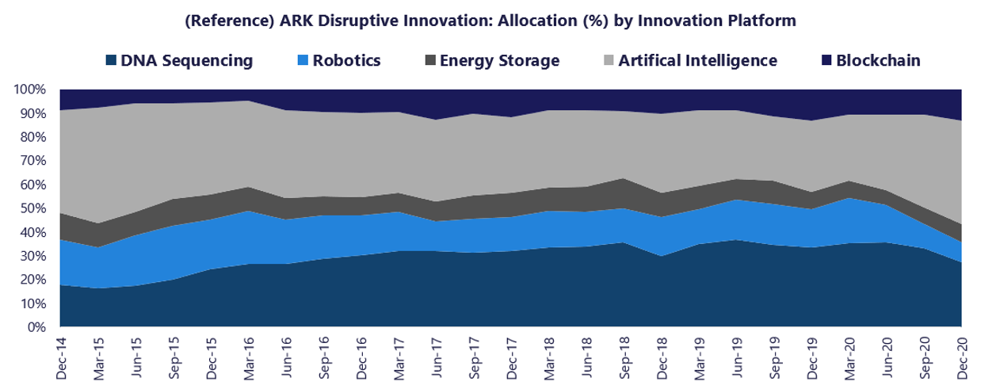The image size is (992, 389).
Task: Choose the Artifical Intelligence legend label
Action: pyautogui.click(x=697, y=60)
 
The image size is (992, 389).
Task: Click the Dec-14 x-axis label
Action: pyautogui.click(x=60, y=354)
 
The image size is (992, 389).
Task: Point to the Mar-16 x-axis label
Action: pyautogui.click(x=249, y=354)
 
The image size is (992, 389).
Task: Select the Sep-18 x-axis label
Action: pyautogui.click(x=624, y=354)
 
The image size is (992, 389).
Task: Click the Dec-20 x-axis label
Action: pyautogui.click(x=962, y=354)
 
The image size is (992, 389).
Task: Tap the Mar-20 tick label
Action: pyautogui.click(x=849, y=354)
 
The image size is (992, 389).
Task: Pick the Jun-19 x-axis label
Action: pyautogui.click(x=737, y=354)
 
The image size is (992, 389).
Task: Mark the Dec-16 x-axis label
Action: pyautogui.click(x=361, y=354)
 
